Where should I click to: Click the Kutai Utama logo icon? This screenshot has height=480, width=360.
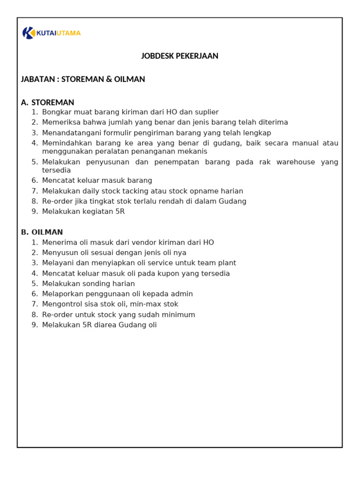(x=28, y=33)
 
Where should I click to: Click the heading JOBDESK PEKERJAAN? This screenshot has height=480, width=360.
(x=180, y=56)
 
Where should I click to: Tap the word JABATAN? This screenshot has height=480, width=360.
(x=38, y=79)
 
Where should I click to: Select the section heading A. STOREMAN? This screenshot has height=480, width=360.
(x=48, y=102)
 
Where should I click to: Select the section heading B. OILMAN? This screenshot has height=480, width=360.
(x=42, y=232)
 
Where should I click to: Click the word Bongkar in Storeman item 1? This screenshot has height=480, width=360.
(x=56, y=112)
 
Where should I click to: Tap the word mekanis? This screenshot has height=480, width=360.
(x=192, y=151)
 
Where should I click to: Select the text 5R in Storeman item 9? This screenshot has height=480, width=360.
(x=119, y=211)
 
